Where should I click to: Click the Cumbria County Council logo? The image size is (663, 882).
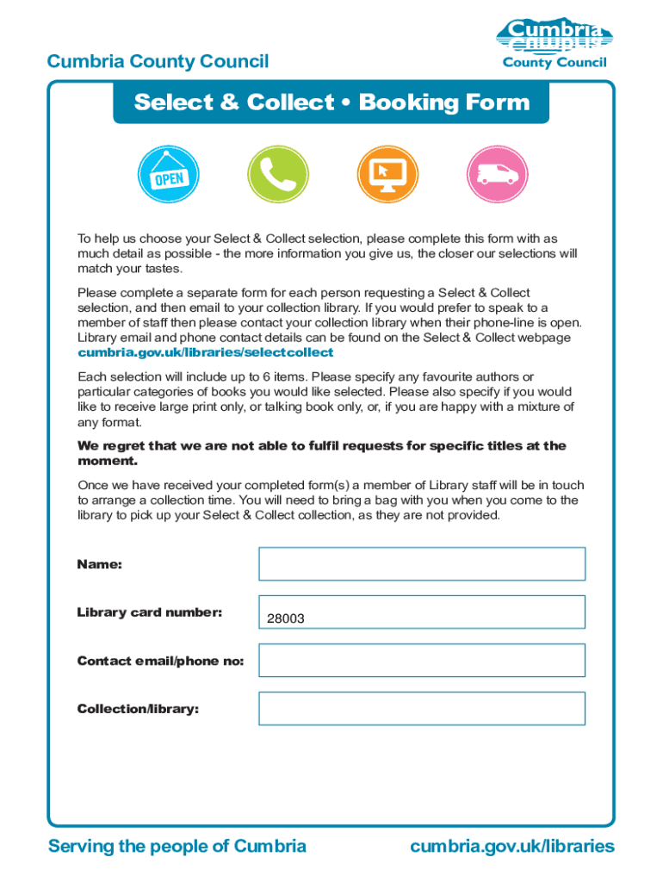coord(555,43)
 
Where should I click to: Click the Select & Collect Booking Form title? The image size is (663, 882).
coord(331,102)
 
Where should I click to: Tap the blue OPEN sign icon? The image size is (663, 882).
coord(169,176)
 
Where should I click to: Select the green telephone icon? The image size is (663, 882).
coord(277,176)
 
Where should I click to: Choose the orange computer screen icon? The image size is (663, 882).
coord(387,176)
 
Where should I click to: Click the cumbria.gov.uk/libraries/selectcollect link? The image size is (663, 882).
coord(205,353)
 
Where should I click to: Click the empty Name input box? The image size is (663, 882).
coord(422,564)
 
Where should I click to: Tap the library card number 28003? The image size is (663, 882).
coord(285,618)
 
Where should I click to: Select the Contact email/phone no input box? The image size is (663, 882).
coord(422,661)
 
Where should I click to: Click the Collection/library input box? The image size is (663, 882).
coord(422,709)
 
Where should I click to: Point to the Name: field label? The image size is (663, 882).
coord(99,564)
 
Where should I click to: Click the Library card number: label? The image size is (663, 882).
coord(149,612)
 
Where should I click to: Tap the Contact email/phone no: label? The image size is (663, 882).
coord(160,661)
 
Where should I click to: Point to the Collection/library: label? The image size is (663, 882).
coord(138,709)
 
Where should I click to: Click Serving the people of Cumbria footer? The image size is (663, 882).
coord(177,846)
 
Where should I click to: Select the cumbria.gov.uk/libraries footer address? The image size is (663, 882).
coord(512,846)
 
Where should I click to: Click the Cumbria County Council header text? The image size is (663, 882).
coord(158,61)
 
